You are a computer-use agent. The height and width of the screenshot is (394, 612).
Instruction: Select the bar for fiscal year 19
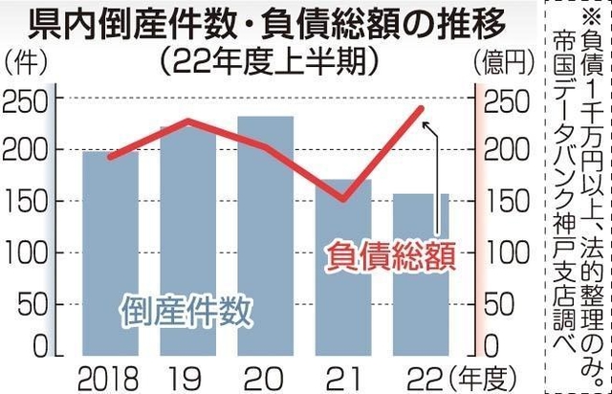(187, 239)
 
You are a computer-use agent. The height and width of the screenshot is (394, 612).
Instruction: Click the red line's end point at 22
(423, 109)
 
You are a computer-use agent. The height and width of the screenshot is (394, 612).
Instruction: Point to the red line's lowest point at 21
(343, 200)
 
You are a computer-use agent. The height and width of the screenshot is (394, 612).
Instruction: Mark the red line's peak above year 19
(187, 121)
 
